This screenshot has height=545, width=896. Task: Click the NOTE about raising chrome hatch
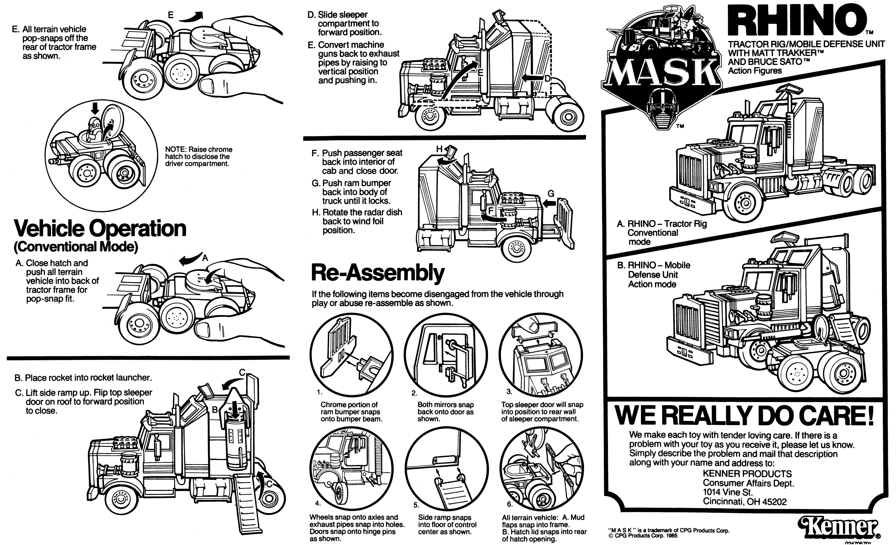[x=199, y=156]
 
